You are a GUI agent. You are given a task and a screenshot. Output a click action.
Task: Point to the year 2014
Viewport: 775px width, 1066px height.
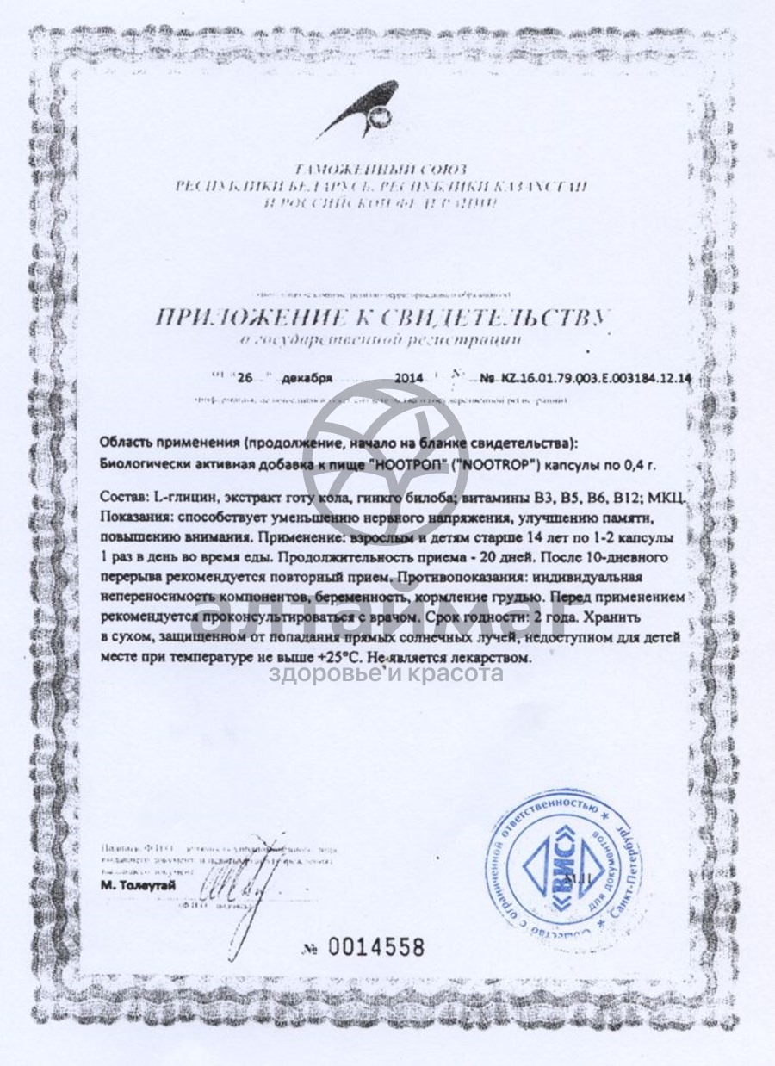coord(410,378)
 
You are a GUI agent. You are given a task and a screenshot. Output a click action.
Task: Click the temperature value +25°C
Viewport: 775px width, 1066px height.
coord(338,657)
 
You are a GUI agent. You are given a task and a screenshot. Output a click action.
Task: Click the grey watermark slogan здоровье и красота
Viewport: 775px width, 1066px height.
coord(387,673)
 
